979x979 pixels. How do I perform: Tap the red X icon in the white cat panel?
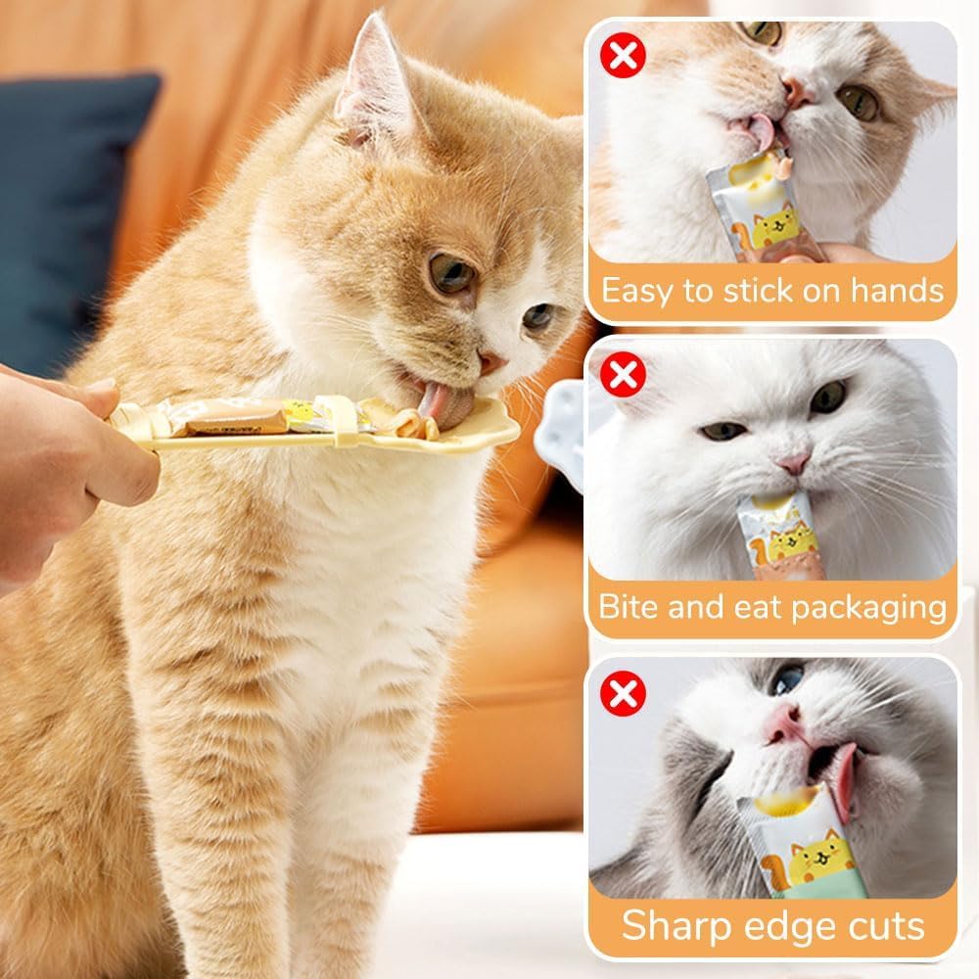(623, 375)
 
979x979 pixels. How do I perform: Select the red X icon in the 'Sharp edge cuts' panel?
(623, 694)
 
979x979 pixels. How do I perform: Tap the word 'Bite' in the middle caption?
(629, 607)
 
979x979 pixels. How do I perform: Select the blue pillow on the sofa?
(69, 215)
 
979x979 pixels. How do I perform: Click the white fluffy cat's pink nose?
(793, 461)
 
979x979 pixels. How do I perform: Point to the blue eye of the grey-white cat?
(787, 678)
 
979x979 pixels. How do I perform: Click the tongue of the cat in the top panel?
(760, 133)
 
